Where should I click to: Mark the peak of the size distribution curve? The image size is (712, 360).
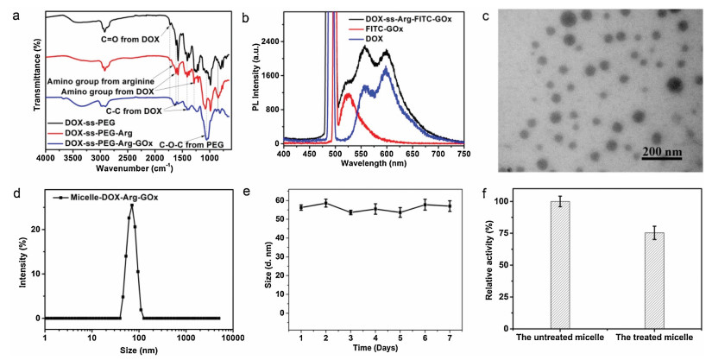(131, 205)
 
